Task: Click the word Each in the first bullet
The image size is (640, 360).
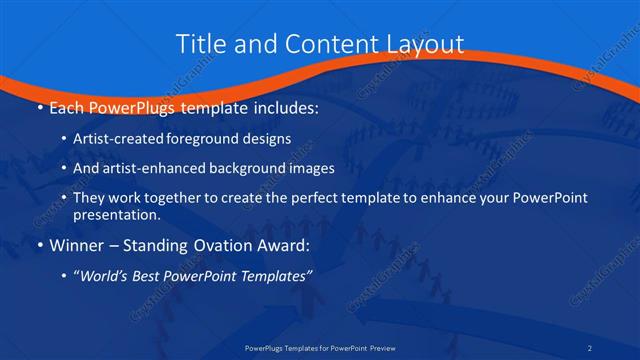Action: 67,106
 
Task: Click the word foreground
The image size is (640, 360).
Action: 206,140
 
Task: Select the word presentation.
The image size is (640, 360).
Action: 116,214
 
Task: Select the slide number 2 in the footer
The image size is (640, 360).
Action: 618,349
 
